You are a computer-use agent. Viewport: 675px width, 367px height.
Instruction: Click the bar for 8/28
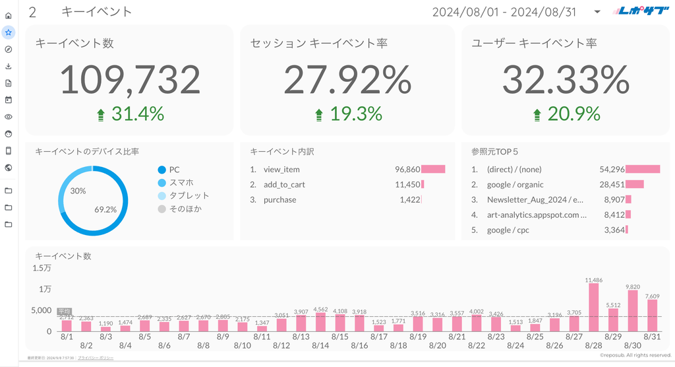(x=594, y=308)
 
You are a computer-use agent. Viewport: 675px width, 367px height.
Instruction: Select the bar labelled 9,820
(x=633, y=311)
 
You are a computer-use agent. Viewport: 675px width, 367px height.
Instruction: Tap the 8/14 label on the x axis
(x=320, y=345)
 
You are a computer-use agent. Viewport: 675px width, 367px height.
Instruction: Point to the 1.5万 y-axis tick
(x=42, y=268)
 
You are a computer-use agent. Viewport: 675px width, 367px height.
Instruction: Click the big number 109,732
(x=130, y=80)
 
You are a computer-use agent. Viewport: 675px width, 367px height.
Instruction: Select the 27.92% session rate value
(x=347, y=80)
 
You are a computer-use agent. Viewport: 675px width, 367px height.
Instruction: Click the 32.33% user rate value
(x=566, y=80)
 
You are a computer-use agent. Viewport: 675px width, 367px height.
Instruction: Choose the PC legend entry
(x=174, y=170)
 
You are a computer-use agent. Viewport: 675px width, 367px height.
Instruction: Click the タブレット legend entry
(x=189, y=195)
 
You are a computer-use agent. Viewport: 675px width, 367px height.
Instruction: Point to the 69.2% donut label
(x=105, y=210)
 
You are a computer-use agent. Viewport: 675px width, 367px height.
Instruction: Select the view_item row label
(x=281, y=170)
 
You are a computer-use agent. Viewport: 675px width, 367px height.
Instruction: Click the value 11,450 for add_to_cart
(x=407, y=185)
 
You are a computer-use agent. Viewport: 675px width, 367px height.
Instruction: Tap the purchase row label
(x=279, y=200)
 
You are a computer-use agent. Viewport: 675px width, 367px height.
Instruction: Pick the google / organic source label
(x=515, y=185)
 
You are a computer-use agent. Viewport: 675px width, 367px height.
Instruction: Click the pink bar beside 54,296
(x=643, y=170)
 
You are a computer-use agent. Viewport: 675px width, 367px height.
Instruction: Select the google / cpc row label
(x=508, y=230)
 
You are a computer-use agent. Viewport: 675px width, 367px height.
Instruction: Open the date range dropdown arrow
(x=597, y=12)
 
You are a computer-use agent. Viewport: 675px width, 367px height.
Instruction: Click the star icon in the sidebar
(x=8, y=32)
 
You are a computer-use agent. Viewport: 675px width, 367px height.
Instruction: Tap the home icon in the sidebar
(x=8, y=15)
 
